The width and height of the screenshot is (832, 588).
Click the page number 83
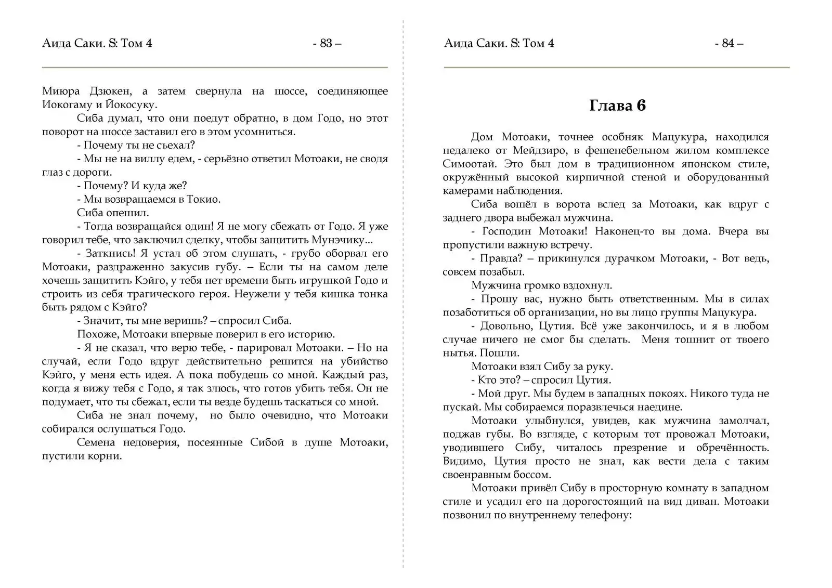327,43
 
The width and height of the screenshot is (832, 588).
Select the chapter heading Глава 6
617,106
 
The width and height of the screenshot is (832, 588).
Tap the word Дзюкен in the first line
111,91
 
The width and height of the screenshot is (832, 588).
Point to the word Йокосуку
134,104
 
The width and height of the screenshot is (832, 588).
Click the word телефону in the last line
605,515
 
